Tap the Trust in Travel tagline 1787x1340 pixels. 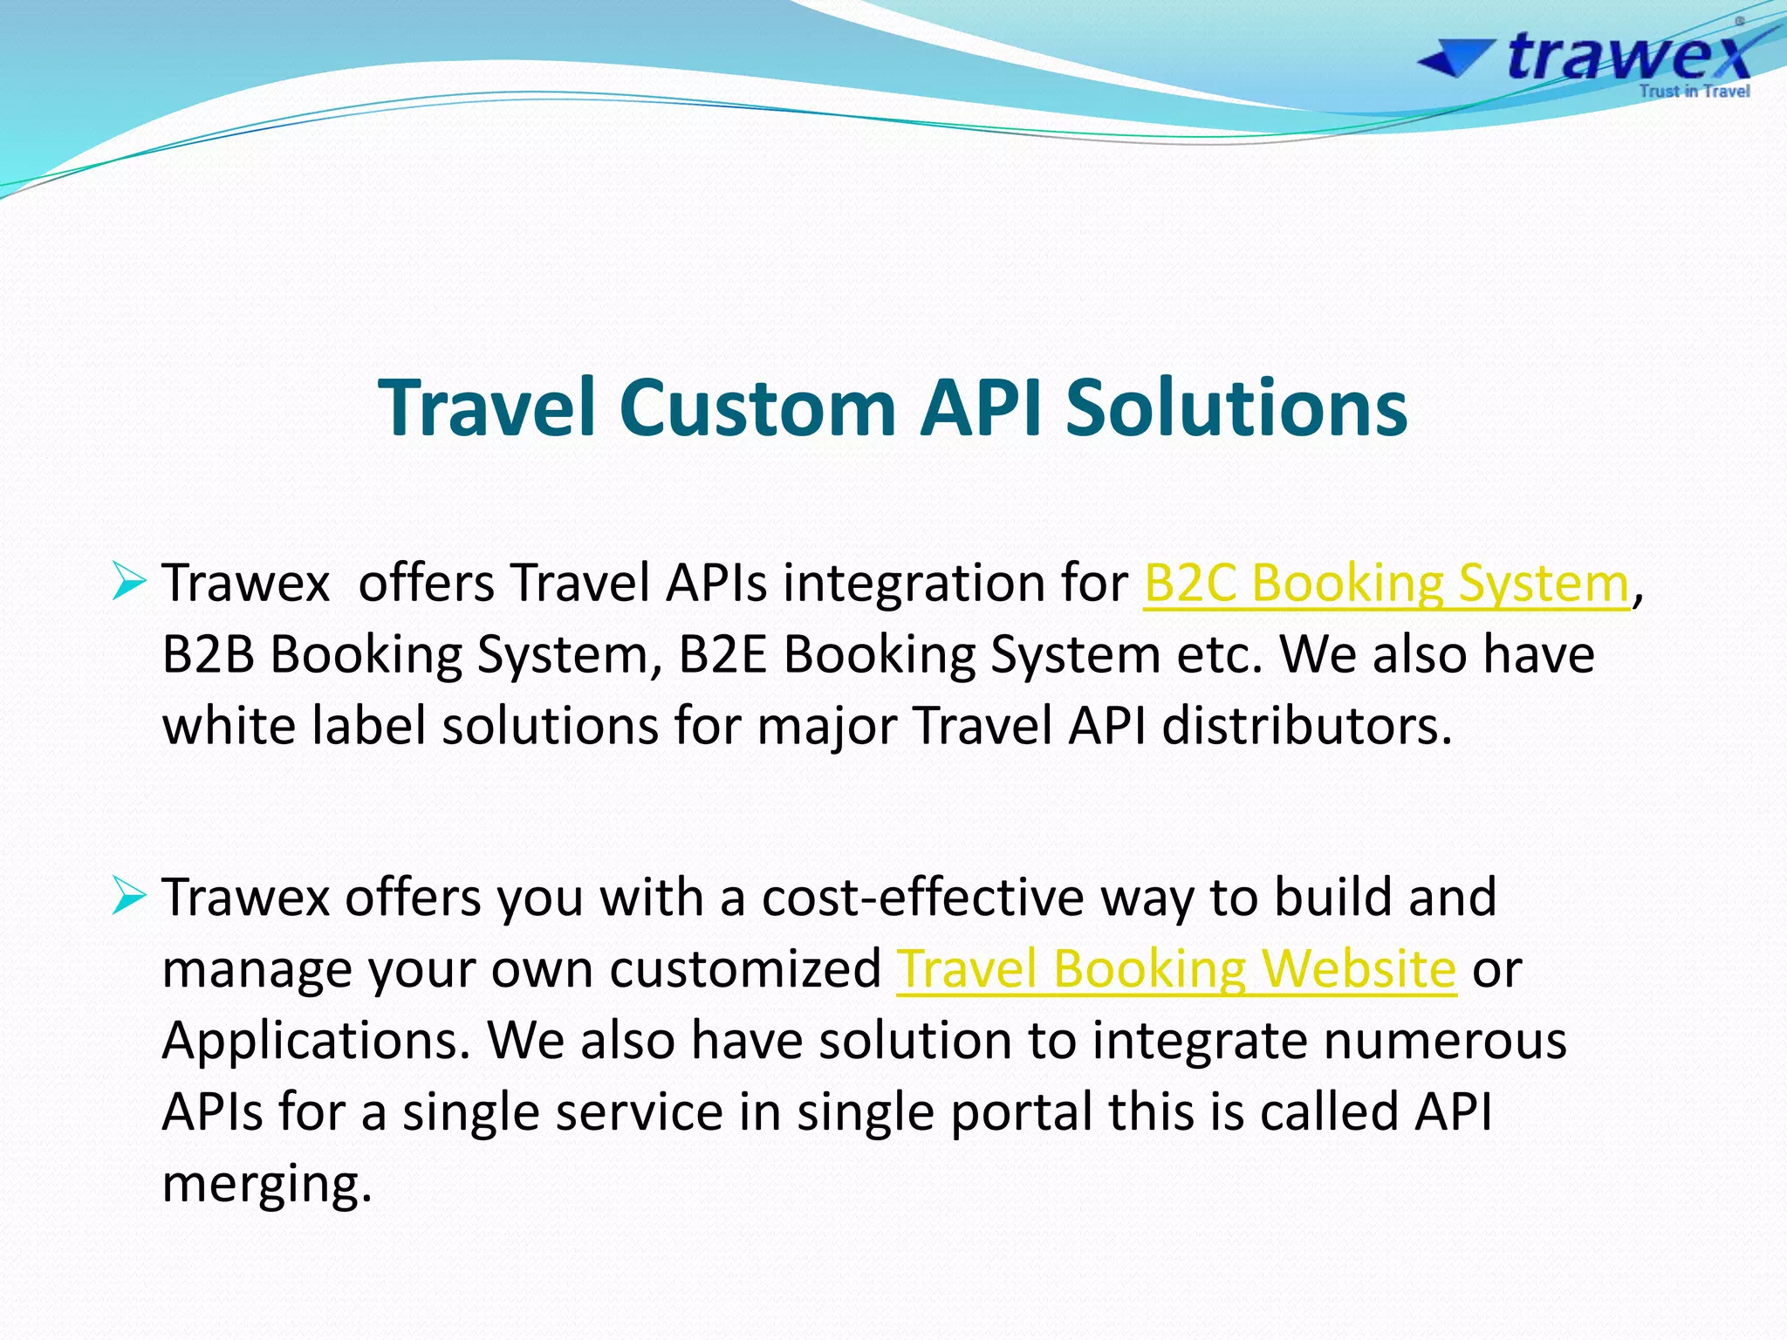coord(1694,92)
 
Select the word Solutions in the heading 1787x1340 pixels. coord(1236,407)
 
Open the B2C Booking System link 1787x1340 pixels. coord(1386,583)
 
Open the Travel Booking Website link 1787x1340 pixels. coord(1176,968)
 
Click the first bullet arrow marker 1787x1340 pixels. coord(129,581)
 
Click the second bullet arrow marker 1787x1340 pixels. coord(129,896)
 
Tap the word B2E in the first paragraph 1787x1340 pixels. coord(722,654)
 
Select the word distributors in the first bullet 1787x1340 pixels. coord(1306,726)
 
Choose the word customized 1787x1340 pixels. coord(745,969)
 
